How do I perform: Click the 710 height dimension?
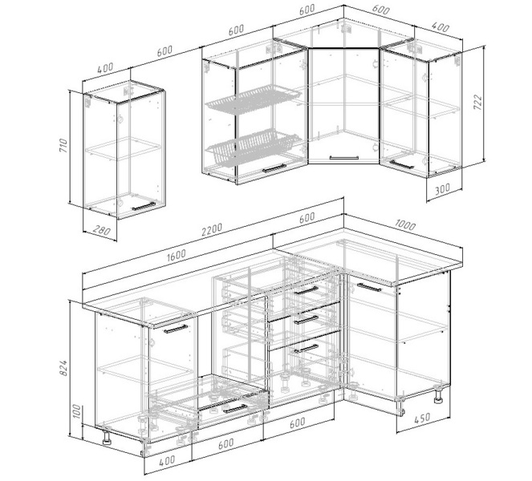pyautogui.click(x=64, y=145)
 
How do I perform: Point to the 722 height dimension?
pyautogui.click(x=477, y=102)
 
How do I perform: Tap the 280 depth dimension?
pyautogui.click(x=101, y=231)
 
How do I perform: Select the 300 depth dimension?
pyautogui.click(x=442, y=189)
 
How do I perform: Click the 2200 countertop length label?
pyautogui.click(x=212, y=229)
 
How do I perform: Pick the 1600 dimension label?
pyautogui.click(x=176, y=256)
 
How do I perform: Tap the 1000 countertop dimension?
pyautogui.click(x=405, y=224)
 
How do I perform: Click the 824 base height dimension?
pyautogui.click(x=63, y=368)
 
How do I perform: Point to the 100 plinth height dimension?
pyautogui.click(x=77, y=411)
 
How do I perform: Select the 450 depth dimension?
pyautogui.click(x=422, y=418)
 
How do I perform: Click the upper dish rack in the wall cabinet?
pyautogui.click(x=253, y=99)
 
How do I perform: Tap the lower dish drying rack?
pyautogui.click(x=253, y=146)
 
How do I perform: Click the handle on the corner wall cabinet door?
pyautogui.click(x=344, y=158)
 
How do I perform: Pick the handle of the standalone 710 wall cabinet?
pyautogui.click(x=144, y=206)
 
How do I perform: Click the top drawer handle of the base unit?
pyautogui.click(x=306, y=290)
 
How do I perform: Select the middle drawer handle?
pyautogui.click(x=306, y=320)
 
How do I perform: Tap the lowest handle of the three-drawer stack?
pyautogui.click(x=306, y=349)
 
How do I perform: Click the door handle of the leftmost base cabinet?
pyautogui.click(x=176, y=329)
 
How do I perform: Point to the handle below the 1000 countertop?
pyautogui.click(x=369, y=288)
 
